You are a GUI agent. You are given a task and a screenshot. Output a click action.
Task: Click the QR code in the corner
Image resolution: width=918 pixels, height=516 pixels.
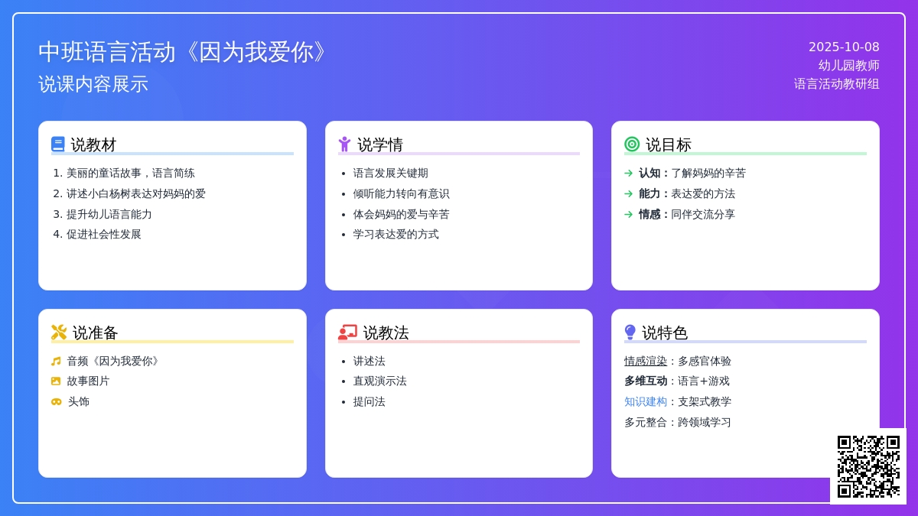(868, 466)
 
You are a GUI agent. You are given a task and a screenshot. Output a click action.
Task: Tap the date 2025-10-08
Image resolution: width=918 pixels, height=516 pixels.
(844, 47)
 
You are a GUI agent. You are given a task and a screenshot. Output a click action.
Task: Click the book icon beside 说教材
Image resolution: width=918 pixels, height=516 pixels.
(58, 144)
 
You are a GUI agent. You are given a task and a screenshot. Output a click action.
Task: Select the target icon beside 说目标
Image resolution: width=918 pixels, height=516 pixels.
(632, 144)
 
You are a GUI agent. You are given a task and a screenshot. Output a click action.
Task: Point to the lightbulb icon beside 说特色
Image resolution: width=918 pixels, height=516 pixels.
(630, 332)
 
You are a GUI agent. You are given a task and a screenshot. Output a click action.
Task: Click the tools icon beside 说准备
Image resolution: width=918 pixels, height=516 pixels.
(59, 332)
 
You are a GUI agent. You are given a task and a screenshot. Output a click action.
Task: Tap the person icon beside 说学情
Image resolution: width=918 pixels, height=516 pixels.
(344, 144)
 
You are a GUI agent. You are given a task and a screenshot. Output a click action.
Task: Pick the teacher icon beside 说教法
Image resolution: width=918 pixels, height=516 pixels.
(347, 332)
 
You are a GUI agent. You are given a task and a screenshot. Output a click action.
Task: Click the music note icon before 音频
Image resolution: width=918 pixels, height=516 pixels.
(56, 361)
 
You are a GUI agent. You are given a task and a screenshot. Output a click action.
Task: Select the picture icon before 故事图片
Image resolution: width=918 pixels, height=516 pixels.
(56, 381)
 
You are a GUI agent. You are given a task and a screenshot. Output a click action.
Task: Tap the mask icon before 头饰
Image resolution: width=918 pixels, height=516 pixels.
(56, 401)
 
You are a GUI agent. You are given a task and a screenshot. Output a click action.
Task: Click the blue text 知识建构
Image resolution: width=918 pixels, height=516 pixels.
(646, 401)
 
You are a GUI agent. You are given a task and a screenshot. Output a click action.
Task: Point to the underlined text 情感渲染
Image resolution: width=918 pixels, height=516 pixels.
(646, 361)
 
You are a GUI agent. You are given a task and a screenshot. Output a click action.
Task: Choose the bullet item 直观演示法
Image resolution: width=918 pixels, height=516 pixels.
(379, 381)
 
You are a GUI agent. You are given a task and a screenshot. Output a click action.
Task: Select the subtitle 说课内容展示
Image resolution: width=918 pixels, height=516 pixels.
(93, 84)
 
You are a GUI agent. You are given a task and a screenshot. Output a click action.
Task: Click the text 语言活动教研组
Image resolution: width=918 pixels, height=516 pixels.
(836, 84)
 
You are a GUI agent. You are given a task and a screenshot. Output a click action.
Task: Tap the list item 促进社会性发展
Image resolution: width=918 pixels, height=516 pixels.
(104, 234)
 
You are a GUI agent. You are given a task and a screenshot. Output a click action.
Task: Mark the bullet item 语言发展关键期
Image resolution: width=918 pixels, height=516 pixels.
(390, 173)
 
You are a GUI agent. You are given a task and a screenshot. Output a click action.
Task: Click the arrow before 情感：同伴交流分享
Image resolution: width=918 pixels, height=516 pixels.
(629, 214)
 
